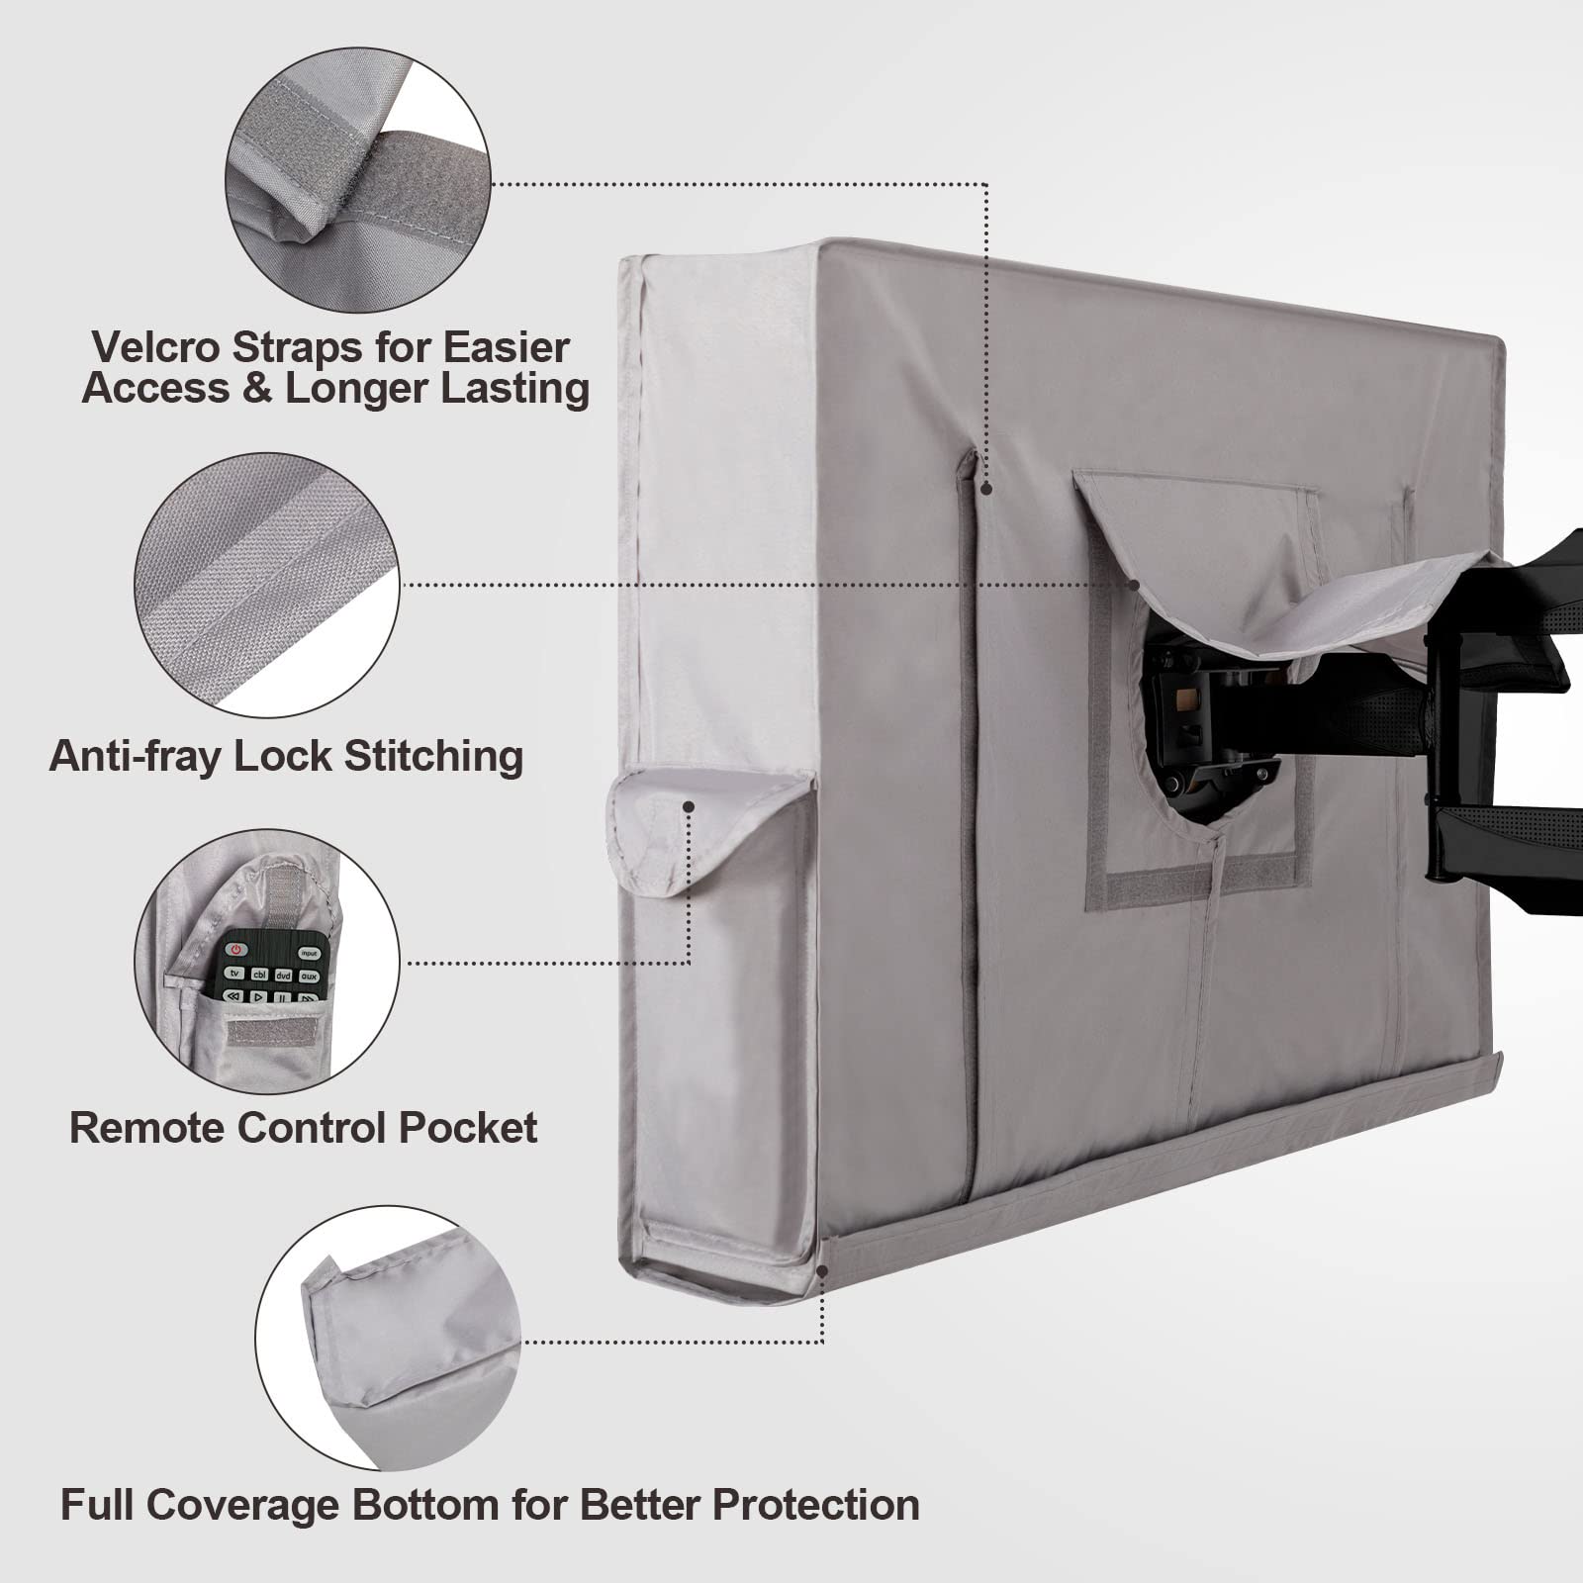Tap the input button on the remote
(310, 954)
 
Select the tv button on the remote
(234, 973)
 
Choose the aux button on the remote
(309, 977)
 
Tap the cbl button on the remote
(259, 974)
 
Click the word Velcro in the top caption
(156, 347)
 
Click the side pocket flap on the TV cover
(710, 827)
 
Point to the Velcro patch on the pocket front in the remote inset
(264, 1031)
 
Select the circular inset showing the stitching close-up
(268, 585)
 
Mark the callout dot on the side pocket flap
(688, 806)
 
